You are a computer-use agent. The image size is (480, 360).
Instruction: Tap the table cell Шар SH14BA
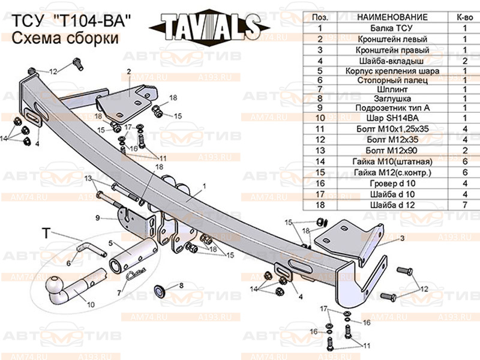tap(392, 118)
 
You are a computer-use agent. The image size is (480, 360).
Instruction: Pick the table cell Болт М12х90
tap(392, 148)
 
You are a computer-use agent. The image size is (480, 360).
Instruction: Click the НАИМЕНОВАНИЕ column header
tap(392, 16)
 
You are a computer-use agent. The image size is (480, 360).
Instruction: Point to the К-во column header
tap(464, 16)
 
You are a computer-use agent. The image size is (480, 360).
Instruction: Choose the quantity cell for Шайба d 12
tap(464, 205)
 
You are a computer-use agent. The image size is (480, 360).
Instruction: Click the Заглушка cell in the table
tap(392, 97)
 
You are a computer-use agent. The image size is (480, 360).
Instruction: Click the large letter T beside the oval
tap(46, 233)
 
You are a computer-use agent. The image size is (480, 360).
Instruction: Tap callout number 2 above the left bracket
tap(128, 71)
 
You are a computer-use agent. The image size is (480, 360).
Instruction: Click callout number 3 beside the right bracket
tap(402, 238)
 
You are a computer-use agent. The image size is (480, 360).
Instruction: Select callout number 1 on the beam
tap(204, 185)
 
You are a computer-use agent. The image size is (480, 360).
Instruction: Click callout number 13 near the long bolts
tap(88, 178)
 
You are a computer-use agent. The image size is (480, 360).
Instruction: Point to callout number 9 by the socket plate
tap(97, 217)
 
